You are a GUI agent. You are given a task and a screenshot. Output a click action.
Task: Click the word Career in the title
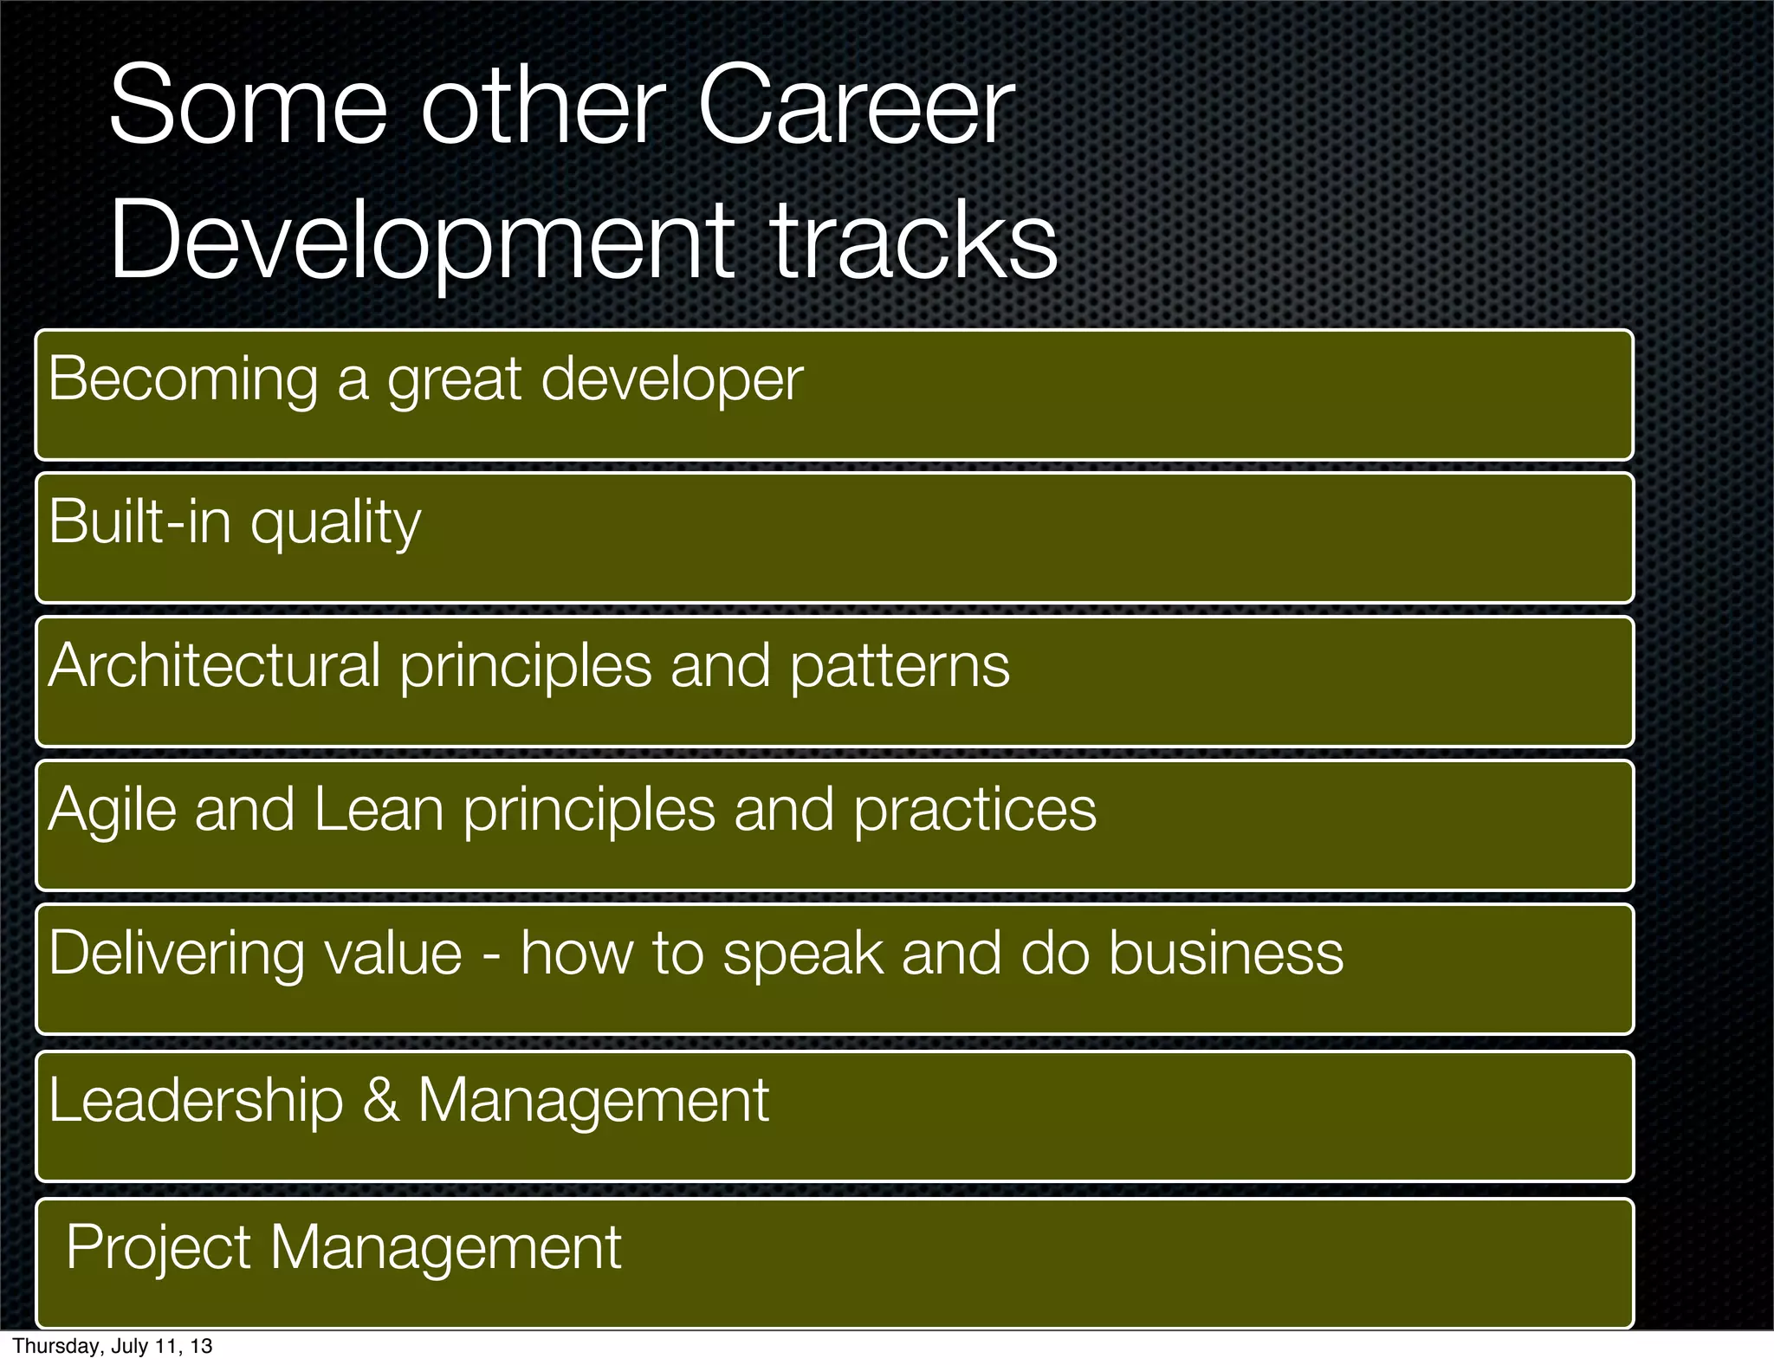(855, 107)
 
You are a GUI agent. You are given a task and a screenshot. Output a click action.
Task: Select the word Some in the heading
(248, 107)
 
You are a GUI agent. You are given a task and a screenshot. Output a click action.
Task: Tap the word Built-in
(139, 522)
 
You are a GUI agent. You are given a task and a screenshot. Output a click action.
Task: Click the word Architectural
(214, 666)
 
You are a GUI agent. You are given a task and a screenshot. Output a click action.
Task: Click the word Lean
(379, 810)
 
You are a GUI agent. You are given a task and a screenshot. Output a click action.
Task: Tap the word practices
(974, 810)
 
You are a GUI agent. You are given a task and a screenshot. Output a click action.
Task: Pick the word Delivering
(176, 954)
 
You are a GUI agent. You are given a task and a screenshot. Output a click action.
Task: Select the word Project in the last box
(159, 1248)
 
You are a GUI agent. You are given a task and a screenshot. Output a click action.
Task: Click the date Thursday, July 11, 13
(113, 1347)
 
